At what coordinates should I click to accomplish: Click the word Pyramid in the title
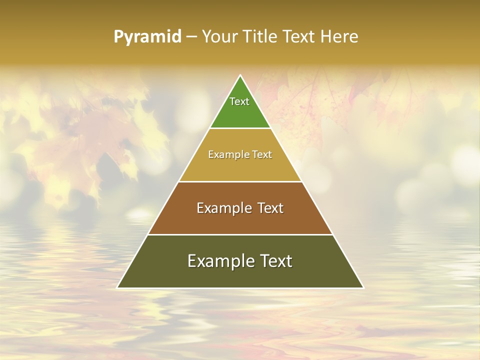tap(147, 37)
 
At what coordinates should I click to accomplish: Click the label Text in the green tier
tap(239, 101)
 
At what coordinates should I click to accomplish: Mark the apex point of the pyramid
tap(240, 75)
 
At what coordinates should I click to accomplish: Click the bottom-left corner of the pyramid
tap(118, 287)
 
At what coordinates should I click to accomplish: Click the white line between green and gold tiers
tap(240, 128)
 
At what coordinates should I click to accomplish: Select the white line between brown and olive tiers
tap(240, 234)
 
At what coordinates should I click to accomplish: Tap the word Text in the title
tap(299, 37)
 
